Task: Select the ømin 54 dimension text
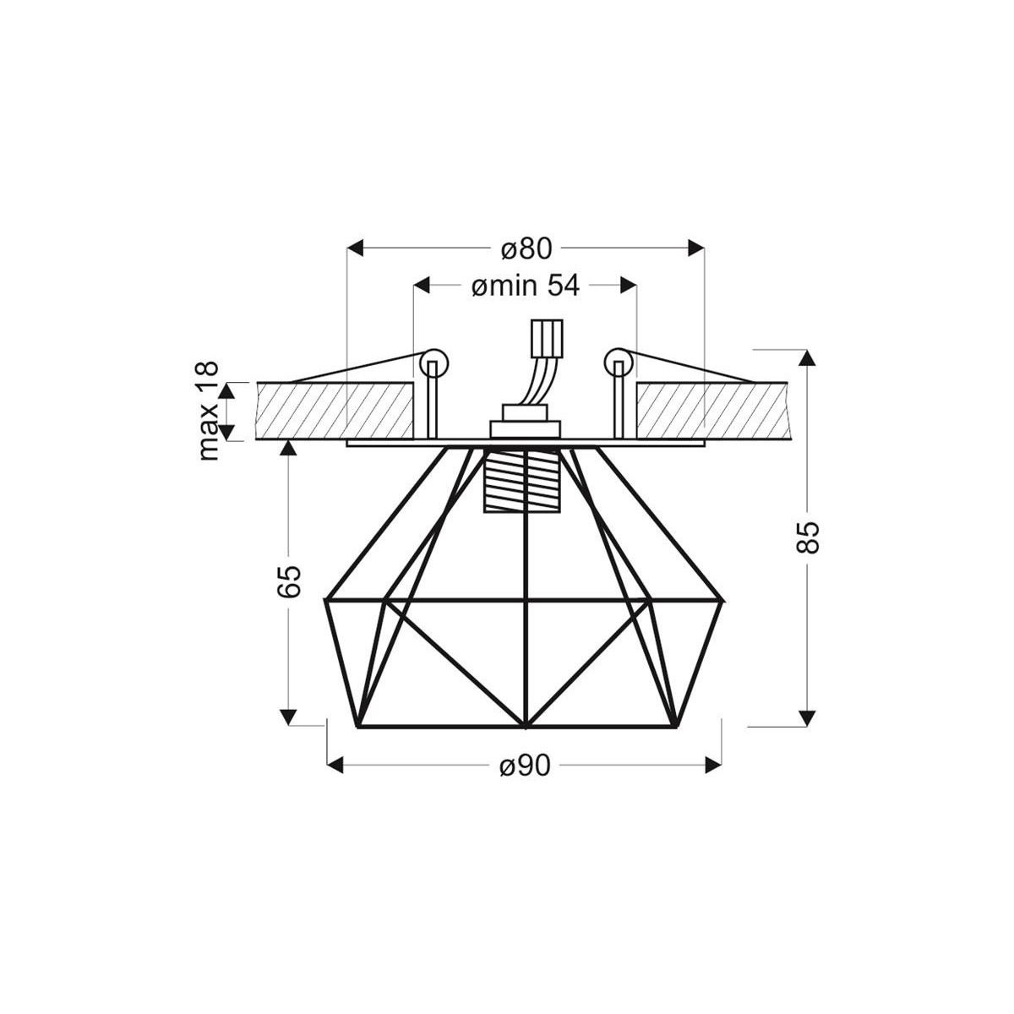(525, 286)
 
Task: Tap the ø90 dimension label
(525, 766)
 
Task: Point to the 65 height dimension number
(289, 581)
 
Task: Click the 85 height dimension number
(809, 537)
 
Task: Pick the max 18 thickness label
(208, 411)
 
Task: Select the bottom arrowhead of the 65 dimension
(289, 717)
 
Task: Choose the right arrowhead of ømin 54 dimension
(629, 286)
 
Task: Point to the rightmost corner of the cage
(724, 601)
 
